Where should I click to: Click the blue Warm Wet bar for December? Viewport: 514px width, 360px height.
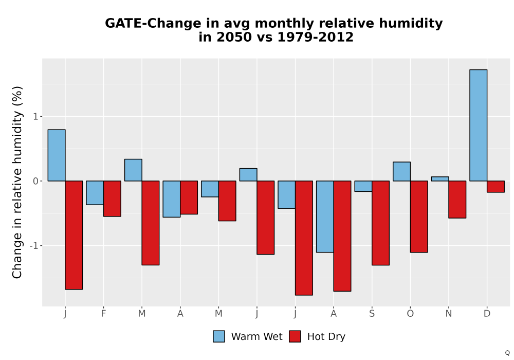(478, 125)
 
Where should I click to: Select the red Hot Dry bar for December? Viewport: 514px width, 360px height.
(495, 187)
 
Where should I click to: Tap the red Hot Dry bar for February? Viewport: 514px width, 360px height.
(112, 199)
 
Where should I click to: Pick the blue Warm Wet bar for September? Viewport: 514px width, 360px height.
(363, 186)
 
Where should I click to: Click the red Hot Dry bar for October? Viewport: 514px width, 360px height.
(419, 217)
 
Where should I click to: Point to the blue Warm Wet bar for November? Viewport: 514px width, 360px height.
(440, 179)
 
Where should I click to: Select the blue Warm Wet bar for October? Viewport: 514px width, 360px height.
(401, 171)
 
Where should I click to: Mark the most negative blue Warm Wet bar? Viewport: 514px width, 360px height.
(325, 217)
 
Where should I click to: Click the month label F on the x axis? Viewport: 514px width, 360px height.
(103, 314)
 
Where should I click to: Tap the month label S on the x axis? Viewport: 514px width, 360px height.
(372, 314)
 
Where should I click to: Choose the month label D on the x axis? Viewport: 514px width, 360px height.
(487, 314)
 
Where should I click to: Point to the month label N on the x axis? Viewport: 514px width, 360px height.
(448, 314)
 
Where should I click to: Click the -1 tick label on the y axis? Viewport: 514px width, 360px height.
(34, 246)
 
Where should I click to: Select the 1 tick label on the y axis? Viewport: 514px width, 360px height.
(36, 116)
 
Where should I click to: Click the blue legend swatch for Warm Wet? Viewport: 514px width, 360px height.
(218, 336)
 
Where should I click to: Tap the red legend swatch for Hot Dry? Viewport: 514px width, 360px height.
(295, 336)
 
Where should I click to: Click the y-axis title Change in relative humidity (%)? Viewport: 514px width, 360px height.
(17, 182)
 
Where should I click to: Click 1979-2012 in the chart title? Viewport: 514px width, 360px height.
(316, 37)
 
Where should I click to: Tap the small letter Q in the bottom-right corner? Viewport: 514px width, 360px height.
(507, 353)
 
